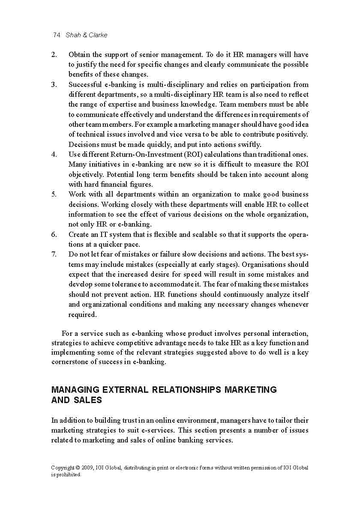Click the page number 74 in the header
pos(56,35)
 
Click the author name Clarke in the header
pos(98,35)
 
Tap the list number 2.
pos(54,54)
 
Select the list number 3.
pos(54,84)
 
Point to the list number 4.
pos(54,154)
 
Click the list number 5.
pos(54,194)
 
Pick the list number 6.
pos(54,234)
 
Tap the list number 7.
pos(54,254)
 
